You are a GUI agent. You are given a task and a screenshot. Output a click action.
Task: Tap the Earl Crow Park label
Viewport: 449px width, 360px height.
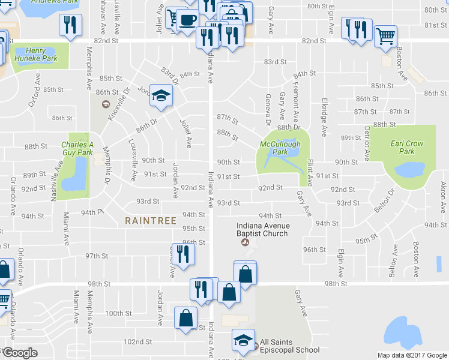click(407, 147)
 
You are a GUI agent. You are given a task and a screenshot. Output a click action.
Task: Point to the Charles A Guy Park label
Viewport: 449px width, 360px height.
click(78, 148)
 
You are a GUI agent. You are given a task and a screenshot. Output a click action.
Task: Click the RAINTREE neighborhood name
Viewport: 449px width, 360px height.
click(151, 221)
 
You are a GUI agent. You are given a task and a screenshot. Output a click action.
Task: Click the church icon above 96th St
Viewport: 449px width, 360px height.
click(244, 242)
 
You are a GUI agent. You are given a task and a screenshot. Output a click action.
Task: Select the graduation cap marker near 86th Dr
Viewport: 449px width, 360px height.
click(161, 96)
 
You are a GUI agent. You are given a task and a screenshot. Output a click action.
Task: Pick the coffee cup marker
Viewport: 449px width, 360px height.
click(188, 20)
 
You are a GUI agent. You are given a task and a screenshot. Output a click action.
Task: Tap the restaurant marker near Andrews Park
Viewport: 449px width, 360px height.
click(70, 26)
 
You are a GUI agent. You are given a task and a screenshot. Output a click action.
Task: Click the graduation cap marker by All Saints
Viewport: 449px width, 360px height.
click(243, 340)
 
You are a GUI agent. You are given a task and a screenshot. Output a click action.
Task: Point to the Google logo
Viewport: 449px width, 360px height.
click(20, 353)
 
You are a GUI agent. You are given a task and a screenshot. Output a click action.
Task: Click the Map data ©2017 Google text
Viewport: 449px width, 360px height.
click(413, 355)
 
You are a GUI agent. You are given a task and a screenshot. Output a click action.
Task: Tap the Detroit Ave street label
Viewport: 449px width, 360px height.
click(366, 143)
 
